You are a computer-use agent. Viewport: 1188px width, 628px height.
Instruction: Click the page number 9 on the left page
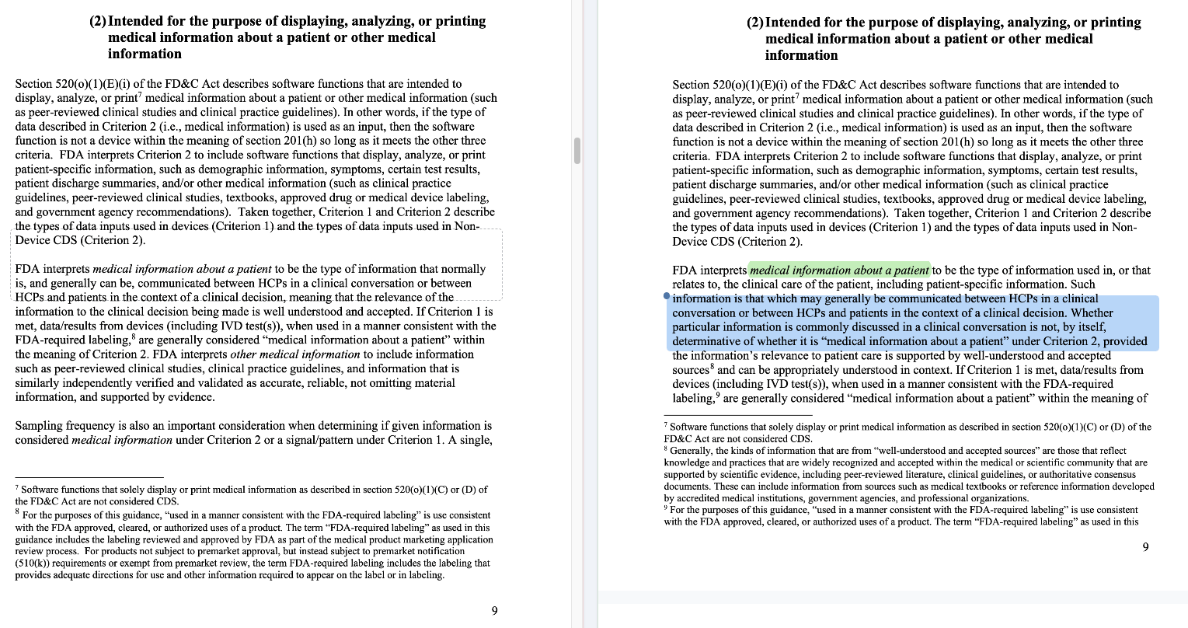[x=495, y=611]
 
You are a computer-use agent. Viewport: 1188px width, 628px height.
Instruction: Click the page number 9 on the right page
[x=1146, y=547]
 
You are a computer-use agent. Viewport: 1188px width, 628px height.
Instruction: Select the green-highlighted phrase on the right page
[x=839, y=270]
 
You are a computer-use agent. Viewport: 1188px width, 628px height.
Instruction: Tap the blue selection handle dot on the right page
[x=667, y=297]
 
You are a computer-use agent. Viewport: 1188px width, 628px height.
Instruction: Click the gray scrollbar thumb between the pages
[x=577, y=150]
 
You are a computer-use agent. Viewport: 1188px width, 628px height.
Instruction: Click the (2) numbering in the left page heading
[x=98, y=21]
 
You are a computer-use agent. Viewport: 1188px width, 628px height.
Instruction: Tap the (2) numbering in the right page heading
[x=754, y=23]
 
